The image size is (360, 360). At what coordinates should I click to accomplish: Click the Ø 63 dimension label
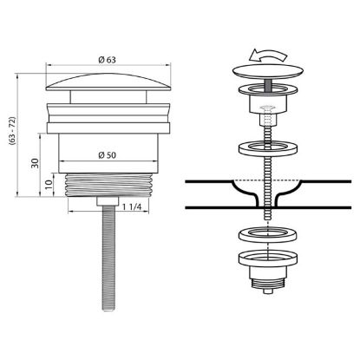click(x=107, y=60)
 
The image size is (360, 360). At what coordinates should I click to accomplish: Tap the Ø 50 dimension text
click(x=107, y=155)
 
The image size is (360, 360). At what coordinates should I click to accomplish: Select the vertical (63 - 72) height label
click(x=12, y=130)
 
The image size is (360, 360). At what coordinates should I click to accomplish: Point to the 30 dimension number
click(x=35, y=163)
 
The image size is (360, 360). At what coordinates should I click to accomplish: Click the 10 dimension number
click(x=49, y=184)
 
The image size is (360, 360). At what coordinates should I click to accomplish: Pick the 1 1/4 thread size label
click(x=132, y=207)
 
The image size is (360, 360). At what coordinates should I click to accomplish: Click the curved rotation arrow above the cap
click(x=268, y=56)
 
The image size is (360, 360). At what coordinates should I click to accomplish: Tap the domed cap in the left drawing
click(x=108, y=82)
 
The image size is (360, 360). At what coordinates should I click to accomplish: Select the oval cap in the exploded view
click(x=268, y=71)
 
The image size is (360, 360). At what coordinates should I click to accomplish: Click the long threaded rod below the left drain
click(x=108, y=258)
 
